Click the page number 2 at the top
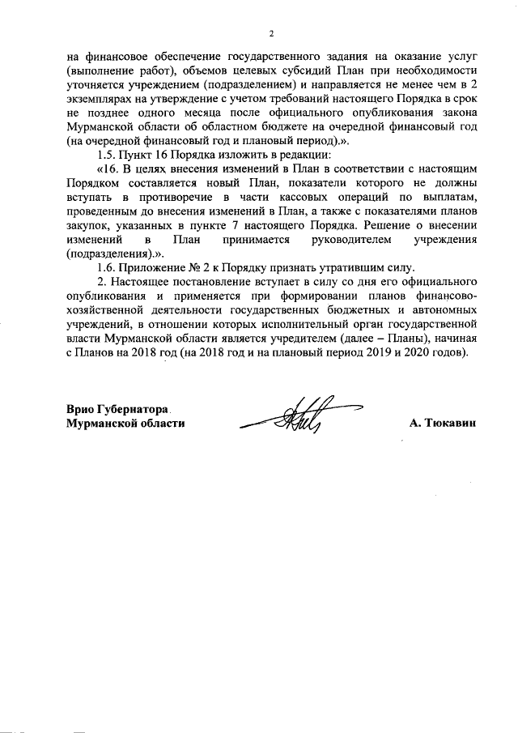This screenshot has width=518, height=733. click(272, 33)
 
